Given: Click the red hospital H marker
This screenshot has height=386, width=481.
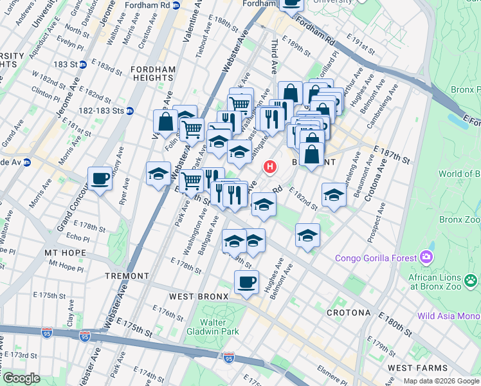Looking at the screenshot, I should [270, 167].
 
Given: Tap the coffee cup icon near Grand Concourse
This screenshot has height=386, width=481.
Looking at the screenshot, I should [100, 178].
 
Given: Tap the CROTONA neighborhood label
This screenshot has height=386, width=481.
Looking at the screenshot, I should [348, 313].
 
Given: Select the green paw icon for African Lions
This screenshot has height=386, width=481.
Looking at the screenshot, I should [471, 280].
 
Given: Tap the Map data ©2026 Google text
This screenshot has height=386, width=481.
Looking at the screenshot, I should [441, 381].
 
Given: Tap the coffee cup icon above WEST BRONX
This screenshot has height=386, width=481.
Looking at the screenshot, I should [246, 282].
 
